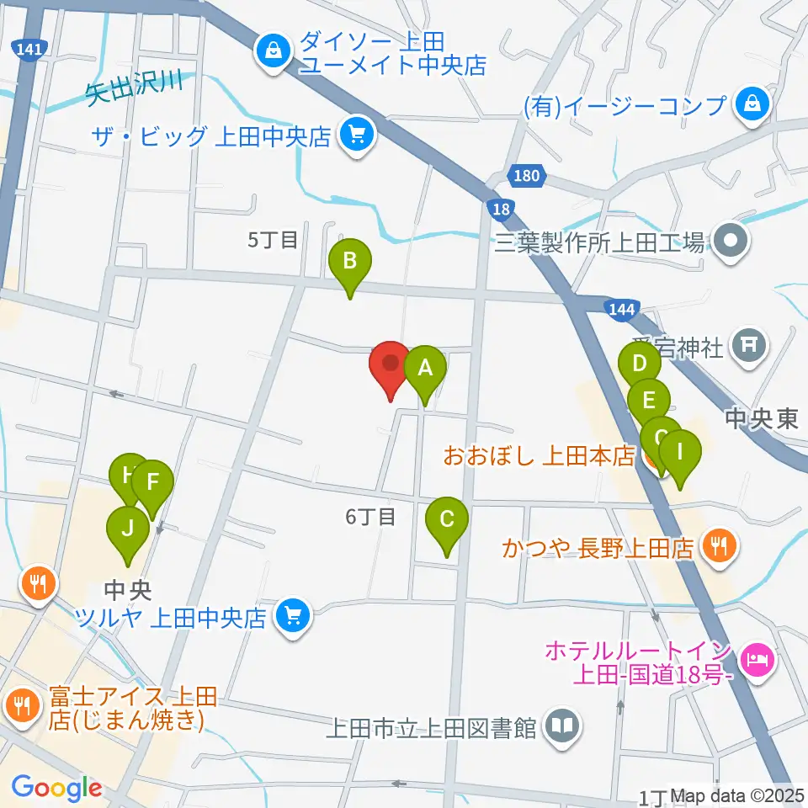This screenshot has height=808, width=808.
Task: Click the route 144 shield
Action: pos(620,310)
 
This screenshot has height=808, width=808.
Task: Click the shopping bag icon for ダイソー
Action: pos(274,51)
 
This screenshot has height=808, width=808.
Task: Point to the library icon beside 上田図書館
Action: pos(562,726)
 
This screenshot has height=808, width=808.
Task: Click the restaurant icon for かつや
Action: pos(718,547)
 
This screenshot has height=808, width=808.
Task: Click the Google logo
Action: pos(56,789)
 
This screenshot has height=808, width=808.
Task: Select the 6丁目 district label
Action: pos(370,516)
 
